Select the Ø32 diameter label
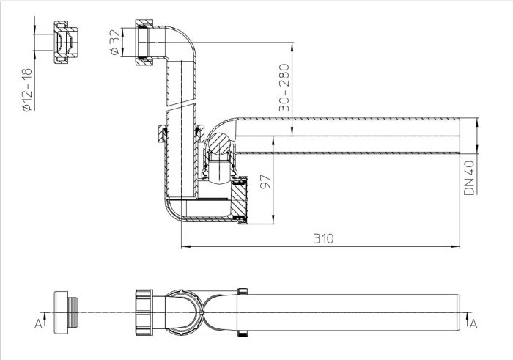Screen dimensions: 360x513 [x=114, y=42]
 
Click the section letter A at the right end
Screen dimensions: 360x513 [x=473, y=323]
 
